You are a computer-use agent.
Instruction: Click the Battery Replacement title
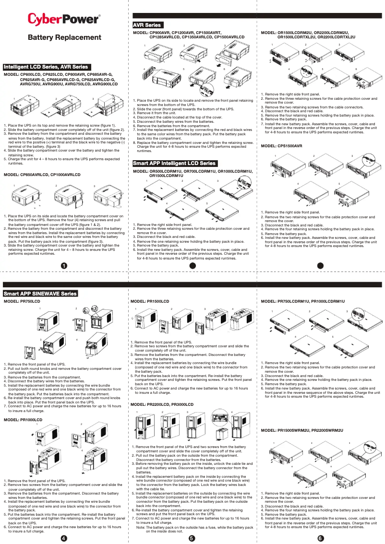64,37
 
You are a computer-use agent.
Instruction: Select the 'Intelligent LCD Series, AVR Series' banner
46,67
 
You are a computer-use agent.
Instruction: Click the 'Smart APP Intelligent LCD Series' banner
174,164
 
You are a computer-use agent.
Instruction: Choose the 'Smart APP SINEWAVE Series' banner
40,293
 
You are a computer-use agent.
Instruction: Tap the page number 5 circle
192,537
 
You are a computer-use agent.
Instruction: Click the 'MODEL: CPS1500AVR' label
281,146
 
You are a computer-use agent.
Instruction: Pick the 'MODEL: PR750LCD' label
22,301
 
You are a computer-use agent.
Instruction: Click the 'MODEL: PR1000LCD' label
23,420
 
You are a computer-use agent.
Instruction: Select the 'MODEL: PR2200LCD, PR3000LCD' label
162,405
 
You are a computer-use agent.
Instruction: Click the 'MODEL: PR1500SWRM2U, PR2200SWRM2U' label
302,431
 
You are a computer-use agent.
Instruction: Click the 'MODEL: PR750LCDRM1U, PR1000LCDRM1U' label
302,301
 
